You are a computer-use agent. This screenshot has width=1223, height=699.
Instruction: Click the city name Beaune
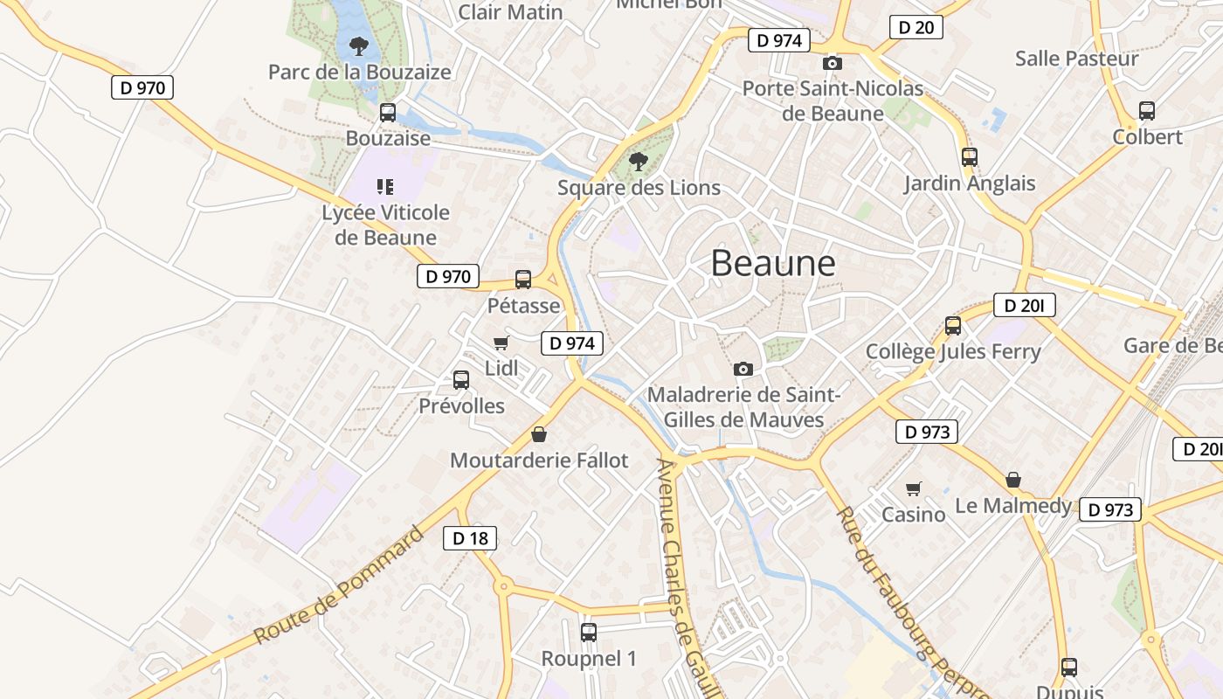(x=772, y=263)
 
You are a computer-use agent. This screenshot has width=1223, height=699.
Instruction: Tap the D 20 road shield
(x=916, y=27)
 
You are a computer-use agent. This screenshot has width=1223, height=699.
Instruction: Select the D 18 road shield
(x=470, y=538)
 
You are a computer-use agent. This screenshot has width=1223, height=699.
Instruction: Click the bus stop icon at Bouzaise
(x=387, y=113)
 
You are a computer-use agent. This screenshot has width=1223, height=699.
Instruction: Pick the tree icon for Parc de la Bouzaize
(x=358, y=45)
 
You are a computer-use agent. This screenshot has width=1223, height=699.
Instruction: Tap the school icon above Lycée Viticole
(x=385, y=186)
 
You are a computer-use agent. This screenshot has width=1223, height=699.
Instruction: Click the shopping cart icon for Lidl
(x=501, y=343)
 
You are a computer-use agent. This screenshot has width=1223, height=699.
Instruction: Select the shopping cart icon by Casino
(x=914, y=488)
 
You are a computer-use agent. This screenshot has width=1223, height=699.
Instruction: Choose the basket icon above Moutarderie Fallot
(x=539, y=434)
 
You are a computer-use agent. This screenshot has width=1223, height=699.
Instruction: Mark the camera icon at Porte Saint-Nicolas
(x=833, y=63)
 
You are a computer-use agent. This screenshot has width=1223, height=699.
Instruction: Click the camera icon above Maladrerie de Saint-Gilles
(x=743, y=369)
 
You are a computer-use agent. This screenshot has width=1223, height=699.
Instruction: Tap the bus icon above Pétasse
(x=523, y=280)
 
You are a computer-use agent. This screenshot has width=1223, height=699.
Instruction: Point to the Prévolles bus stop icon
(x=461, y=380)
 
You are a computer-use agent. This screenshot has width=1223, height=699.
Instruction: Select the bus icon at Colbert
(x=1147, y=111)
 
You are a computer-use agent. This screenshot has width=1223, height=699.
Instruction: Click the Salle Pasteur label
(x=1076, y=59)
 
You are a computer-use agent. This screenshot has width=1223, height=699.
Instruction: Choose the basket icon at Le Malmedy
(x=1013, y=480)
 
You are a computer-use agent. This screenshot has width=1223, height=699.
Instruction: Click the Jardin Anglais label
(x=969, y=183)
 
